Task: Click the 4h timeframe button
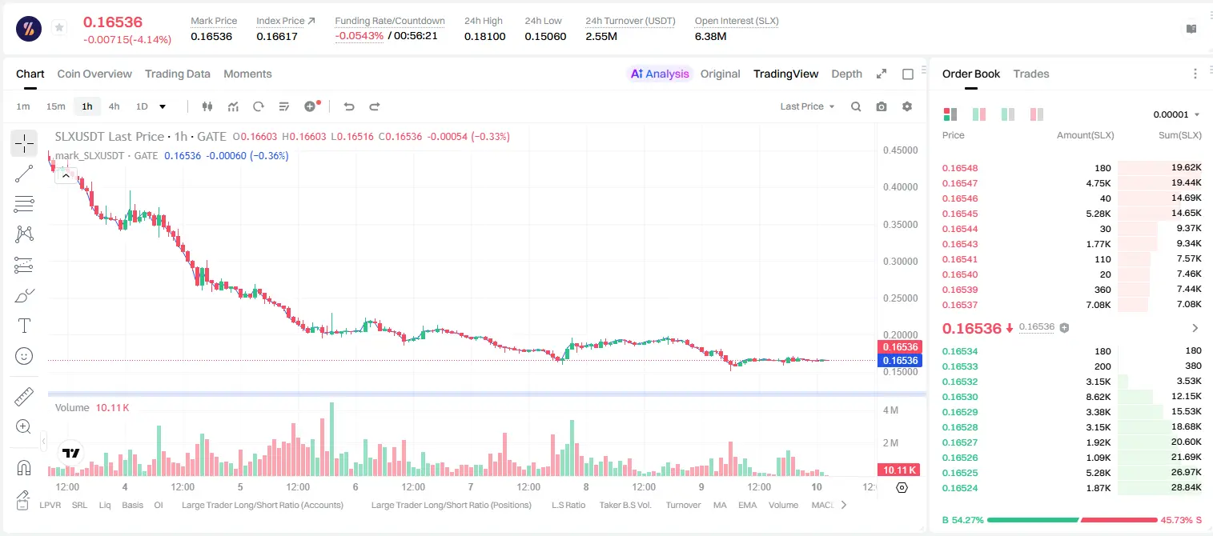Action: click(x=114, y=106)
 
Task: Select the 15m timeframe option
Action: click(x=56, y=106)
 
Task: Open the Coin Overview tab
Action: click(x=94, y=74)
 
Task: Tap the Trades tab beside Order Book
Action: click(x=1031, y=74)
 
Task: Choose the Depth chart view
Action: click(x=846, y=74)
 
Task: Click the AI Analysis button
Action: click(x=660, y=74)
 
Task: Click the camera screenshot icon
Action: click(x=882, y=106)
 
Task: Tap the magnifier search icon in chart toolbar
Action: click(x=856, y=106)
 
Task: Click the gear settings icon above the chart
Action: click(x=907, y=106)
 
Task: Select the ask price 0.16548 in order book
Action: click(x=960, y=168)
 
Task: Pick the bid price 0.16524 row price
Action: click(x=960, y=488)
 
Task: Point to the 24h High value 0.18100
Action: click(x=484, y=36)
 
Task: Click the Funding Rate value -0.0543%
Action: click(x=359, y=36)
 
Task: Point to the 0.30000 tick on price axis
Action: click(x=901, y=262)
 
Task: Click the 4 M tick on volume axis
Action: click(x=890, y=410)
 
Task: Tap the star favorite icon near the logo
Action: click(x=59, y=27)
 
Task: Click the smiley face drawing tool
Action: click(x=24, y=356)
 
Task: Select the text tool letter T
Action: click(x=24, y=326)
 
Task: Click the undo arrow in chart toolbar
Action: click(x=349, y=106)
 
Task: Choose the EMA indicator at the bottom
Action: click(x=747, y=505)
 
